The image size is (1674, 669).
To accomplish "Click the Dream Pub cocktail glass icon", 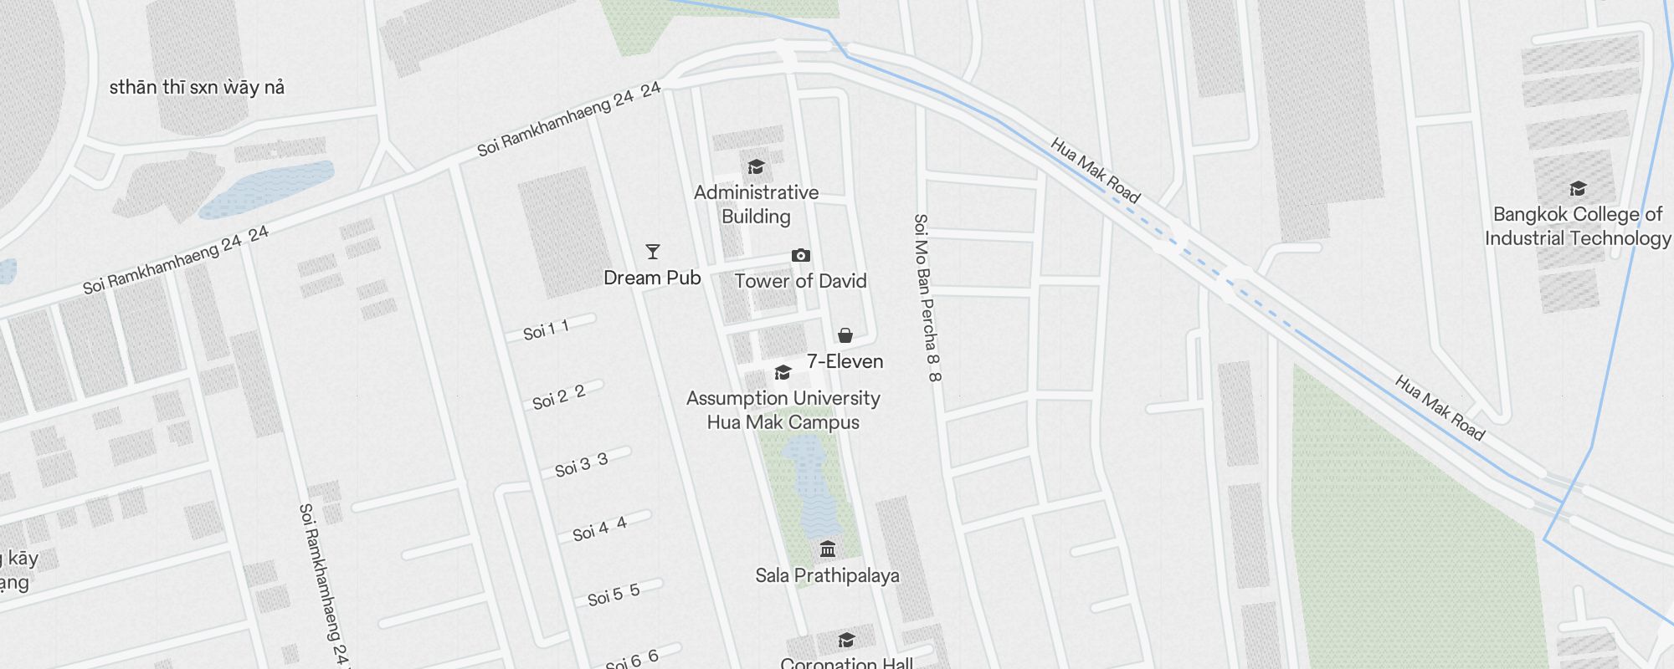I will pos(653,252).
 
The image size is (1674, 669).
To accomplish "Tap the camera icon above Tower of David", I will pos(801,255).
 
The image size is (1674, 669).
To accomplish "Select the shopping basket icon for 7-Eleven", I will pos(845,335).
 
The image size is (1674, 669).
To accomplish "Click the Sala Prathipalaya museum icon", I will pos(828,549).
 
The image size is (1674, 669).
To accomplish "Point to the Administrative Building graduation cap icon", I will pos(756,166).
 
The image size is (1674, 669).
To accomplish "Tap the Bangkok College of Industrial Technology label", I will pos(1577,226).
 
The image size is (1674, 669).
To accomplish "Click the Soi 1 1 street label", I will pos(547,330).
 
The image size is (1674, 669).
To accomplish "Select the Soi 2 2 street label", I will pos(559,397).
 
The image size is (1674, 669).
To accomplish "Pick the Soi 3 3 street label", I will pos(581,465).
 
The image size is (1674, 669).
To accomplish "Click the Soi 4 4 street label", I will pos(599,529).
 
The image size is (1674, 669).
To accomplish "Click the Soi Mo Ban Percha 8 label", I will pos(927,297).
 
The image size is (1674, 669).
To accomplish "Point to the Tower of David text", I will pos(800,281).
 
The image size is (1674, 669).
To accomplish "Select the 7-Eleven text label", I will pos(845,361).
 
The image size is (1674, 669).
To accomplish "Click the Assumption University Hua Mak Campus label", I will pos(783,410).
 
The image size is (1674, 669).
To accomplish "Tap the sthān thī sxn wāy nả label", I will pos(197,87).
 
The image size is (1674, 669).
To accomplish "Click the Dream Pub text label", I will pos(652,278).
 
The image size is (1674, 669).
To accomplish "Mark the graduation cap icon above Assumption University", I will pos(783,372).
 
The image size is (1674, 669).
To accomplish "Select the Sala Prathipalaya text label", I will pos(827,575).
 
